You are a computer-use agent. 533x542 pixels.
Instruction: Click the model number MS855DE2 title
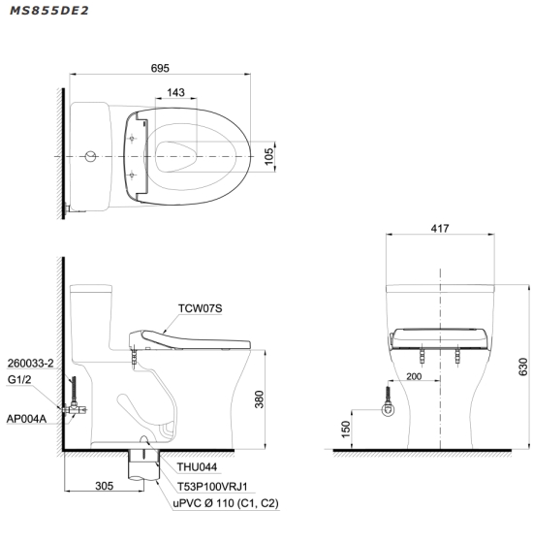49,11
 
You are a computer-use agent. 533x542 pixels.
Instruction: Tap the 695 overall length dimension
160,68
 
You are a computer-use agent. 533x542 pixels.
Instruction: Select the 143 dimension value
175,92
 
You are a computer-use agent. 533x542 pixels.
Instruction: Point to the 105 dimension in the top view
268,156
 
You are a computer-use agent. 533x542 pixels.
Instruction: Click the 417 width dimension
440,228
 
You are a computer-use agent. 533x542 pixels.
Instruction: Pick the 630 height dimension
523,367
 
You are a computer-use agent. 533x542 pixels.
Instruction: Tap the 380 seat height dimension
259,399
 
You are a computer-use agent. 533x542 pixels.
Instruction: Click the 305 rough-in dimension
104,486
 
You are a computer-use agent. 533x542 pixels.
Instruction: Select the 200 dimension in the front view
414,376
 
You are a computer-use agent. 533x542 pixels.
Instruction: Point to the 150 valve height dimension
345,430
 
